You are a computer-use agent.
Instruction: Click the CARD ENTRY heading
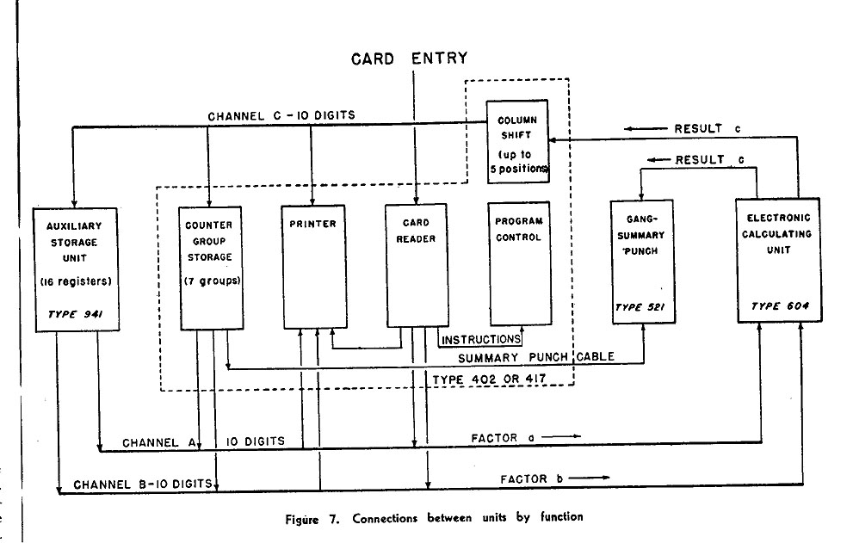(x=411, y=59)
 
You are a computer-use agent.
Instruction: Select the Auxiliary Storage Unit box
(x=75, y=268)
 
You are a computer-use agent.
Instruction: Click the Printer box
(x=314, y=266)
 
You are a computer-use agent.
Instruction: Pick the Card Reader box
(x=417, y=266)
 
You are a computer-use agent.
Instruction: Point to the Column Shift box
(x=517, y=139)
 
